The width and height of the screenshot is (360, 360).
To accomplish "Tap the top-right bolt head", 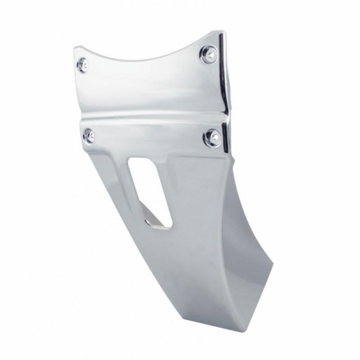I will point(208,54).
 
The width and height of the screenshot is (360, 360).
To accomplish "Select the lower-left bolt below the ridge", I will point(89,135).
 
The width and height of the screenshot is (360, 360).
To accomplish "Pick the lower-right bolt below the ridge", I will point(211,137).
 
